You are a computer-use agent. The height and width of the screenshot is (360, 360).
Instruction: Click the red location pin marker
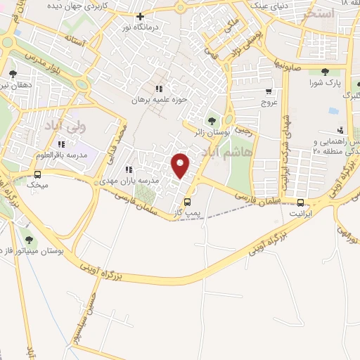click(x=181, y=165)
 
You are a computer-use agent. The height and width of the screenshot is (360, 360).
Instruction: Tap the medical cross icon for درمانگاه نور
click(x=141, y=16)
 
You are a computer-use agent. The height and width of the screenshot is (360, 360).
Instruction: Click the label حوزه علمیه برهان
click(x=164, y=100)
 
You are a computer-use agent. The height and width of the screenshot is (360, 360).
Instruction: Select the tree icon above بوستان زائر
click(x=212, y=120)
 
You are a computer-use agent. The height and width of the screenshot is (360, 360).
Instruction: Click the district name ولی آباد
click(x=83, y=127)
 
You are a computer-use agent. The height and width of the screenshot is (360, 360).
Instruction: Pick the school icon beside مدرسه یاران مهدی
click(x=129, y=169)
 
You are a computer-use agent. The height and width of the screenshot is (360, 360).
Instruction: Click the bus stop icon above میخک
click(x=37, y=174)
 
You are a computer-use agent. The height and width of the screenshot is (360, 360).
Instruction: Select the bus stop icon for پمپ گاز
click(x=186, y=201)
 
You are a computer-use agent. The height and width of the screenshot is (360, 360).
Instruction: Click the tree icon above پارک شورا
click(x=324, y=72)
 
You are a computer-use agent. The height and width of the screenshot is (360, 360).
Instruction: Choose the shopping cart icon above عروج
click(x=269, y=91)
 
